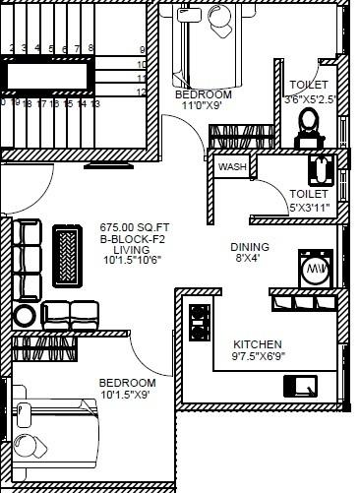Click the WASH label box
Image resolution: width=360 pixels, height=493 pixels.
[x=233, y=167]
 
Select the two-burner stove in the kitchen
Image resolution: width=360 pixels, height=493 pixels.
[x=200, y=319]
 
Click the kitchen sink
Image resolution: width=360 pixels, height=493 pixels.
[x=302, y=385]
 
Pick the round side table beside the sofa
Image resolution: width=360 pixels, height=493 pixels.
[x=25, y=315]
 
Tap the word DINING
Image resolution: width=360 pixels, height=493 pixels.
[x=250, y=247]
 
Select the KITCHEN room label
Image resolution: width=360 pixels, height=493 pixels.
[x=258, y=345]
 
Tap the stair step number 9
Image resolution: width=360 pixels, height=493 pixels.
[x=142, y=49]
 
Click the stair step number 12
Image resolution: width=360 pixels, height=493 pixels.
[x=142, y=92]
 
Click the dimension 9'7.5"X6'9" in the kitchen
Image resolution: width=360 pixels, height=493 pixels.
[x=258, y=357]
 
